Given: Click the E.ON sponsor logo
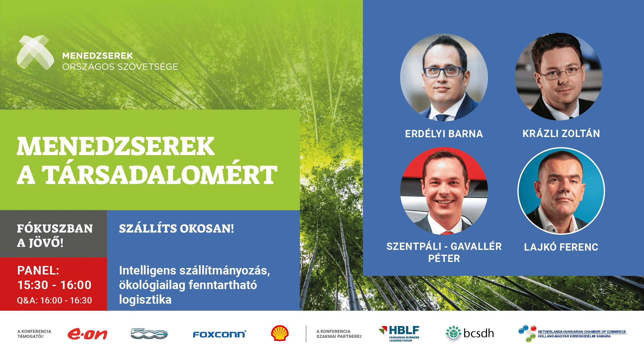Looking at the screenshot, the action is [x=87, y=334].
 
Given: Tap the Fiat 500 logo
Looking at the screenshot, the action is [x=149, y=334].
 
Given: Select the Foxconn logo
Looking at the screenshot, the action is [x=220, y=334].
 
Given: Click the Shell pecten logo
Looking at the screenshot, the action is [x=280, y=333].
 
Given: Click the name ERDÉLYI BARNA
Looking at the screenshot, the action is [x=444, y=134].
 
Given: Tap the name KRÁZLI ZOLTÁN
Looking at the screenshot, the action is [x=561, y=133].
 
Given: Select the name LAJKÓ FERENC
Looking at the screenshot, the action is [x=561, y=247].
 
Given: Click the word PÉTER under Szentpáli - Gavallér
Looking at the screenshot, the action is [x=444, y=258].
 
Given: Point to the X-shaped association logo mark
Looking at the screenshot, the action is [x=35, y=52].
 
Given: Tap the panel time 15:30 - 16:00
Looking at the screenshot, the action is [x=54, y=285].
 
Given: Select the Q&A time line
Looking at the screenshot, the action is [x=54, y=300].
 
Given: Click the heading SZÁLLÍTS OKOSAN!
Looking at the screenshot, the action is [x=176, y=228].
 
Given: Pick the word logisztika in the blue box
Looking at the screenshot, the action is [x=145, y=300].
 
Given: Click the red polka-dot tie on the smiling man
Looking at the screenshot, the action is [x=447, y=233].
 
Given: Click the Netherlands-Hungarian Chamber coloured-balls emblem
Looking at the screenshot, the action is [x=527, y=334].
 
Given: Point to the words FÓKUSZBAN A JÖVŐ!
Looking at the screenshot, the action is [x=55, y=235].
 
